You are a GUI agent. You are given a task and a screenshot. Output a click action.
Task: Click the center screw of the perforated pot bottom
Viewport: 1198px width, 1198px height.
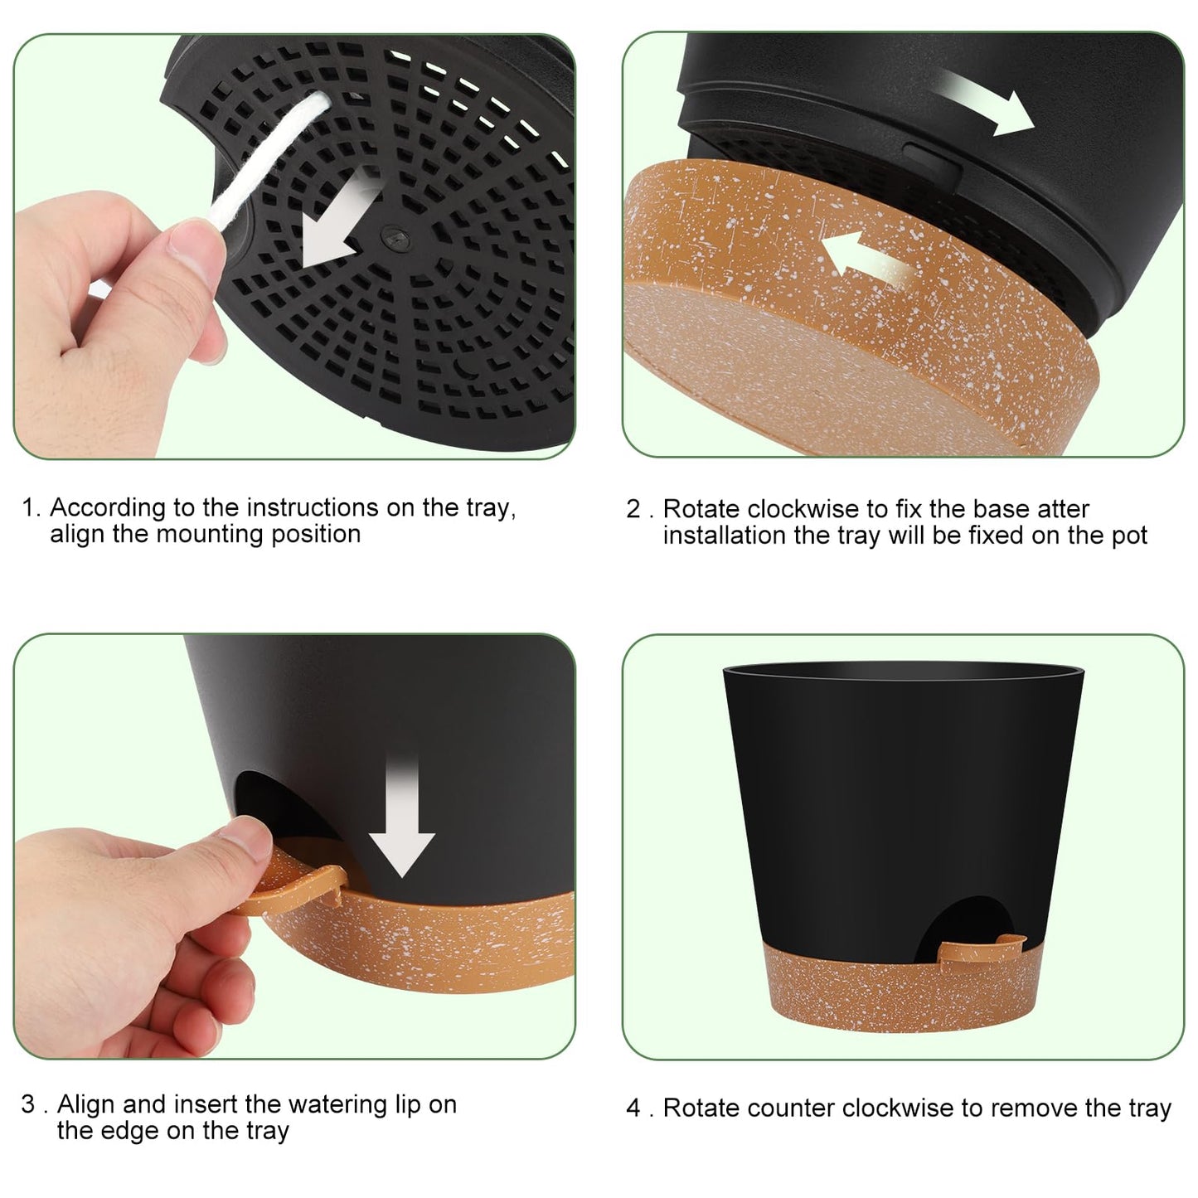pos(390,237)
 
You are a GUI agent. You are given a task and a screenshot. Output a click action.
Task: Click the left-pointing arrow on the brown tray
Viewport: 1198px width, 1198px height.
pos(866,257)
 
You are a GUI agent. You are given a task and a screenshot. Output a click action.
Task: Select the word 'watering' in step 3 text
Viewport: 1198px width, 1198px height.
pos(335,1104)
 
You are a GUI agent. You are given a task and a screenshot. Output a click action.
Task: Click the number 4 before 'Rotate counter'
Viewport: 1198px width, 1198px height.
pos(634,1108)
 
